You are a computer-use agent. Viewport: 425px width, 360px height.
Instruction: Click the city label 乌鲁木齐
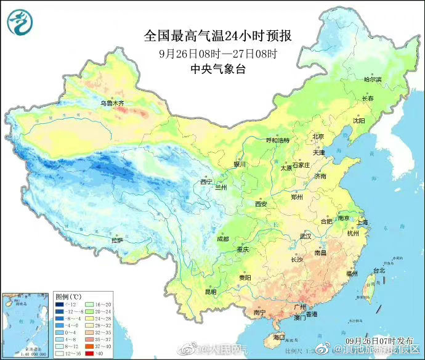click(113, 103)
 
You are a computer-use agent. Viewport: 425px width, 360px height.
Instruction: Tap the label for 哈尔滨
click(372, 80)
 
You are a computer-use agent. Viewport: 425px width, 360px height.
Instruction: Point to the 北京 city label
click(318, 137)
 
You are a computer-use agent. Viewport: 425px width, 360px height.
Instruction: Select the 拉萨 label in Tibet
click(117, 240)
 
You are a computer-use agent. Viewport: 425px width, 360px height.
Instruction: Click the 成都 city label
click(222, 239)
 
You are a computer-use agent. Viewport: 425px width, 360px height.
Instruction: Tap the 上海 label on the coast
click(362, 222)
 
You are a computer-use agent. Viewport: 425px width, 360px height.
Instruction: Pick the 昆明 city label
click(211, 291)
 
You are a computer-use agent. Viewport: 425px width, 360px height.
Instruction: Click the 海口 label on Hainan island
click(278, 337)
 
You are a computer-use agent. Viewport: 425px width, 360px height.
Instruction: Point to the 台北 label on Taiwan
click(379, 270)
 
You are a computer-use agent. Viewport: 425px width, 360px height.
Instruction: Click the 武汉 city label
click(306, 236)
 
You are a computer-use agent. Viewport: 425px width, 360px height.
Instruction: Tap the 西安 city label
click(261, 203)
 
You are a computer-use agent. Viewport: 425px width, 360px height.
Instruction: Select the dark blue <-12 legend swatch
click(60, 305)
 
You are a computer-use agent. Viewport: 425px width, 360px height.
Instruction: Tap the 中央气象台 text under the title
click(218, 69)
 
